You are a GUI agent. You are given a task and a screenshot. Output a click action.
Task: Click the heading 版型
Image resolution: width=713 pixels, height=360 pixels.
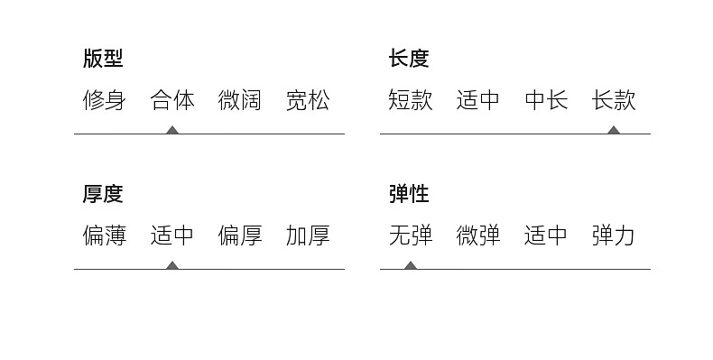[103, 58]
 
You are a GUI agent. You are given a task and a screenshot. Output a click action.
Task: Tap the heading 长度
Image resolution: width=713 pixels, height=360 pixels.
[409, 58]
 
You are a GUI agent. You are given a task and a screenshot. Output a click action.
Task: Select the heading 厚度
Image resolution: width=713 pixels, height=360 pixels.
[103, 194]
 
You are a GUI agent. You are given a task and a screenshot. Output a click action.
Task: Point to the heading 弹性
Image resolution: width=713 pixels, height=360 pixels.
[409, 194]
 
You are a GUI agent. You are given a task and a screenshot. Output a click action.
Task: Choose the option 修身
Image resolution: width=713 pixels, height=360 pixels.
[104, 100]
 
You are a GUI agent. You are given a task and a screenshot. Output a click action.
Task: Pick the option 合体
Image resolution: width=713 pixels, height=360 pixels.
[172, 100]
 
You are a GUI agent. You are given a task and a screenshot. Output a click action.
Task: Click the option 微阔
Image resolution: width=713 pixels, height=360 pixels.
[240, 100]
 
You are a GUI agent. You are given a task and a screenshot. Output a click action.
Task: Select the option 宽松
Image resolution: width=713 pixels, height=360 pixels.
[308, 100]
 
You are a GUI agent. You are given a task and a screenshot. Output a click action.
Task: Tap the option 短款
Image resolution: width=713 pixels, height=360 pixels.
[410, 100]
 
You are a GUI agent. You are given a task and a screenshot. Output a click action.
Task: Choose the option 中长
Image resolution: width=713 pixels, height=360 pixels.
[546, 100]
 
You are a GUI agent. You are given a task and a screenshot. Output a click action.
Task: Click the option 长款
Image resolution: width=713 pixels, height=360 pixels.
[614, 100]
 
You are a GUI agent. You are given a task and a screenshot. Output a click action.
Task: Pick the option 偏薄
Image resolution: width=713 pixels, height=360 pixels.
[104, 235]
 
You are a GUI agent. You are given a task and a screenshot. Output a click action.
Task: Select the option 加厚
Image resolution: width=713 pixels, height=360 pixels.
[308, 235]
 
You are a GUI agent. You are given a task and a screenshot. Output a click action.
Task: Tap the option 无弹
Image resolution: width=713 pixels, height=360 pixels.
[410, 235]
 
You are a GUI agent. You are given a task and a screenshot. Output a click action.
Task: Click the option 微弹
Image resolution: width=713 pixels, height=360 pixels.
[478, 235]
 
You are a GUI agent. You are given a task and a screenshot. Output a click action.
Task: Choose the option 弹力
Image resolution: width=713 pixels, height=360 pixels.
[614, 235]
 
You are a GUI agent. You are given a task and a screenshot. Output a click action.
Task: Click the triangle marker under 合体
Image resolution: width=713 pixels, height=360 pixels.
[171, 131]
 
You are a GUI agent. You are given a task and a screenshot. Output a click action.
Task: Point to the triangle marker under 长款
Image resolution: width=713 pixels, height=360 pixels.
[614, 131]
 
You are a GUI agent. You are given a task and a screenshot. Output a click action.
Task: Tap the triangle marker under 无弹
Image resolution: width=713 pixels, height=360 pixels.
[411, 265]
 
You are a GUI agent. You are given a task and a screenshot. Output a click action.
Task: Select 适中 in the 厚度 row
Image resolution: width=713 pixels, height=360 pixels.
[171, 235]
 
